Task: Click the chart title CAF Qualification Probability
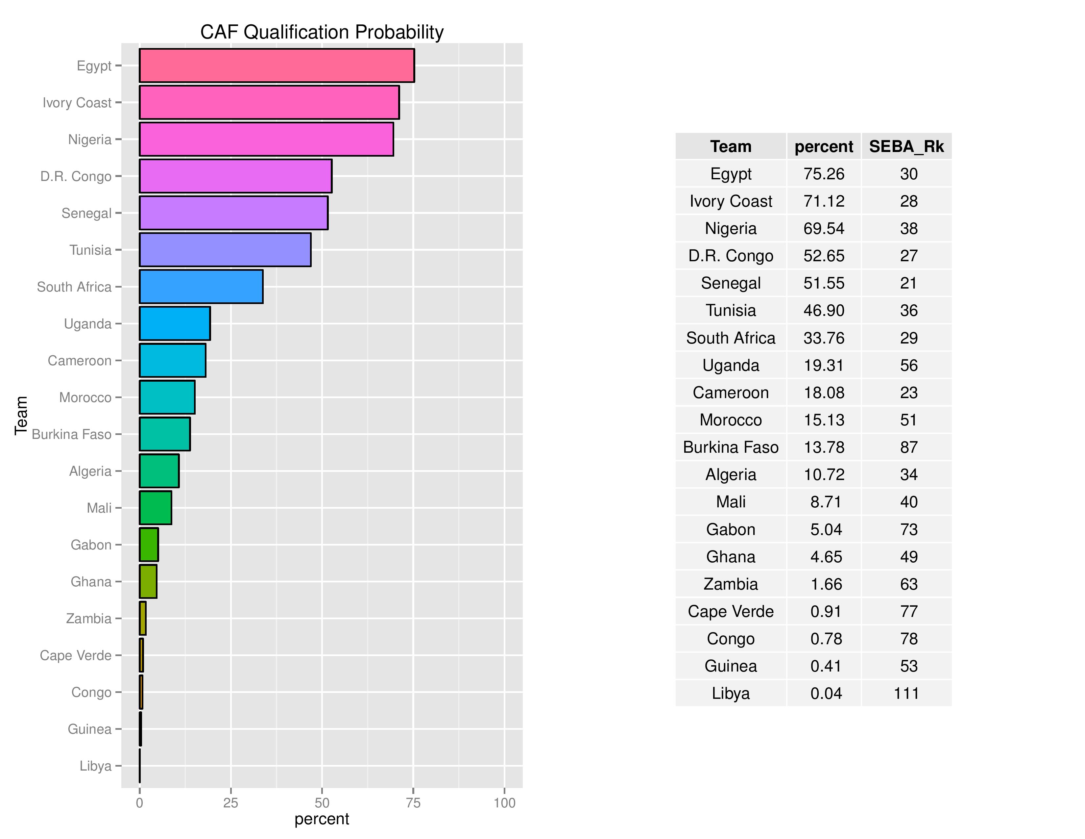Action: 322,32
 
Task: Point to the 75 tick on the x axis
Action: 413,803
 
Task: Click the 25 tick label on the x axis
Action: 230,803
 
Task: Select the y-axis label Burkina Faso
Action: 72,434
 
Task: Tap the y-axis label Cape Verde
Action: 76,656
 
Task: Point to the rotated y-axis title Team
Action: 21,416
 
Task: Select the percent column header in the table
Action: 824,147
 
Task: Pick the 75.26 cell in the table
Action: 824,174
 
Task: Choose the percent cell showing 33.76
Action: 824,338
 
